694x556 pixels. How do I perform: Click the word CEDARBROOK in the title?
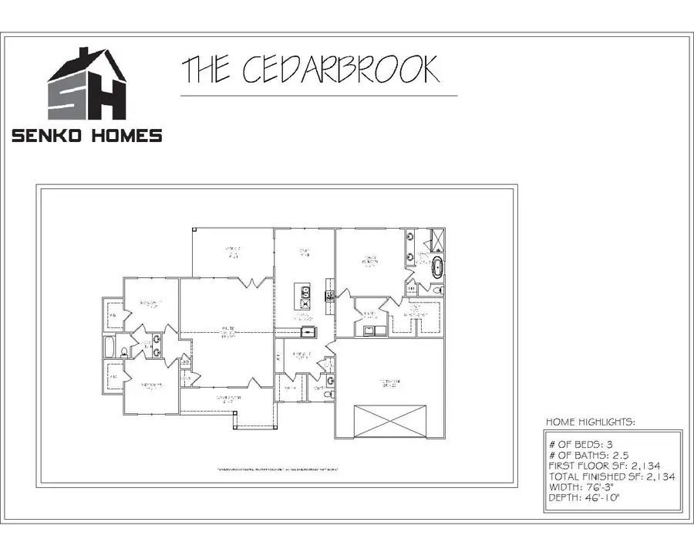click(x=341, y=69)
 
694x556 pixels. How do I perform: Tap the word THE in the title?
click(x=206, y=69)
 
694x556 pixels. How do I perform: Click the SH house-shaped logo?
click(x=87, y=84)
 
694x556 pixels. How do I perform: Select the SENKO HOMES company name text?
click(x=87, y=136)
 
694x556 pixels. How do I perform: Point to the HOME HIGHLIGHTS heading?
click(x=591, y=422)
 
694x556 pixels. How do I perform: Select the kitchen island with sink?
click(x=305, y=297)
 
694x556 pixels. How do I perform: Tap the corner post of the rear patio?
click(x=195, y=229)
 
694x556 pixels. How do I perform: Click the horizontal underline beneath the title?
click(x=318, y=96)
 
